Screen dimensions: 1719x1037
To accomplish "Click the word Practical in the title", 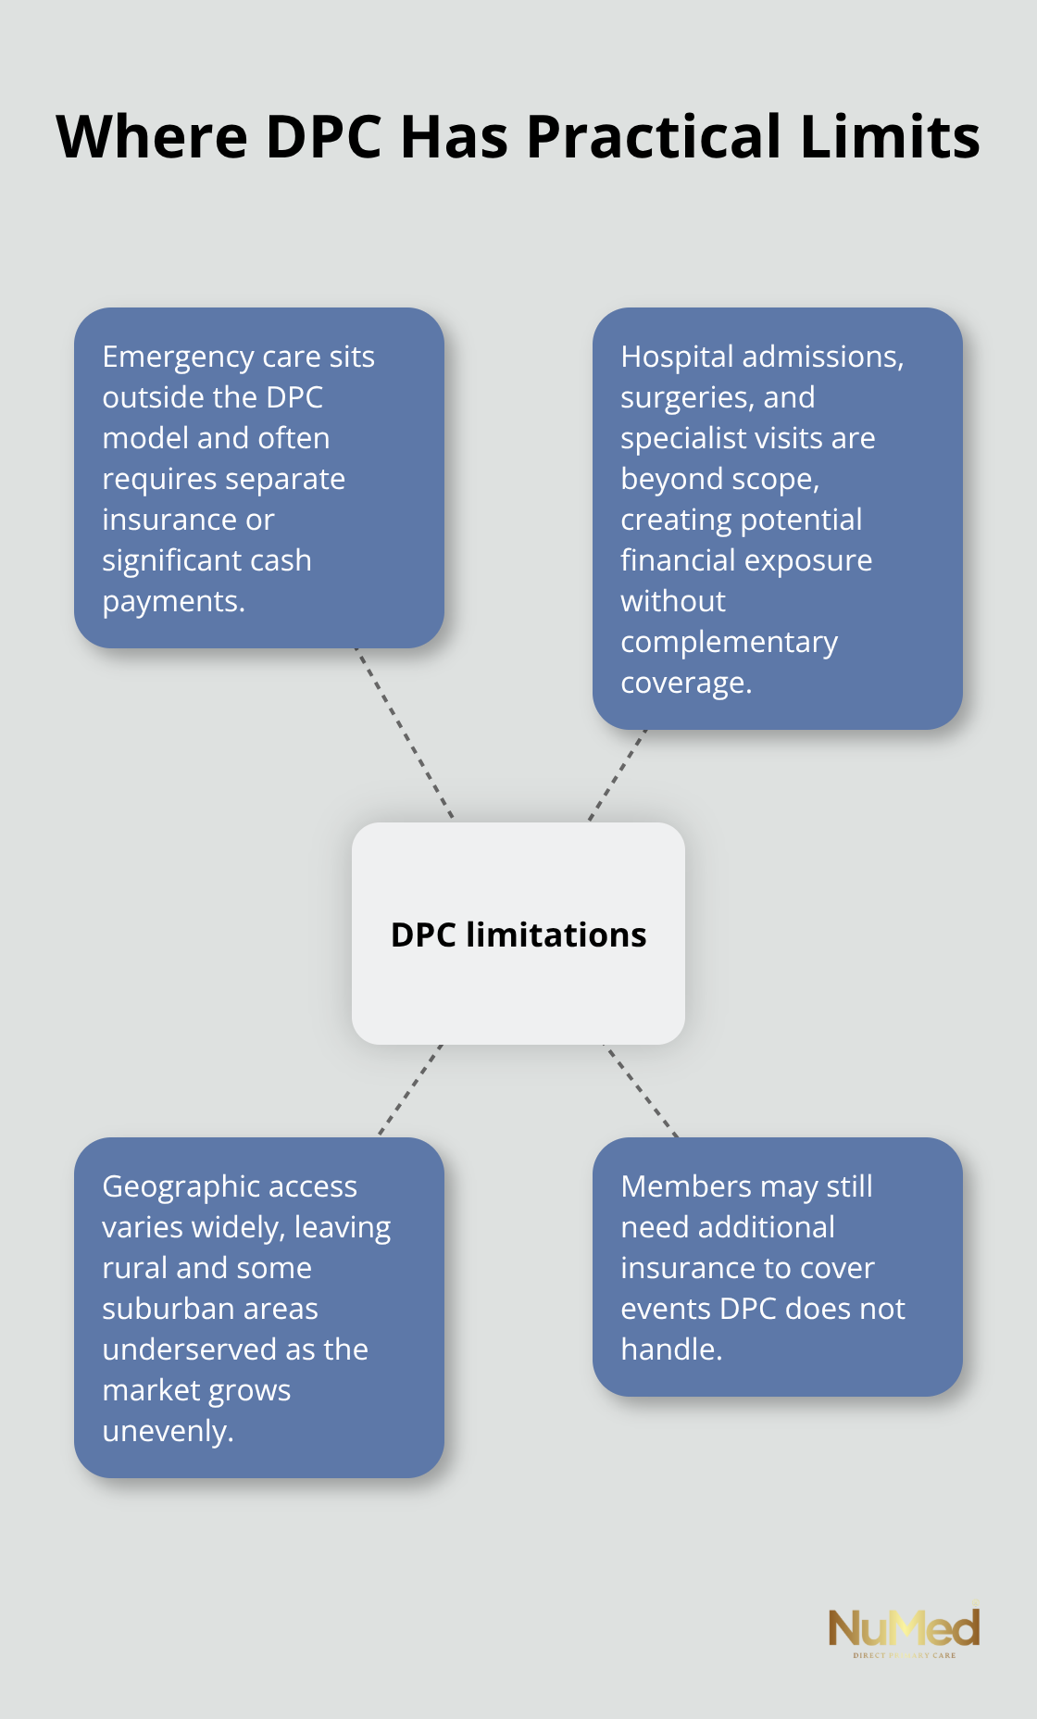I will click(x=654, y=137).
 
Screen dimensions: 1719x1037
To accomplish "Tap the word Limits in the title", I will click(x=889, y=137).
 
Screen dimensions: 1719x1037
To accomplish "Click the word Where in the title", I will click(x=152, y=137).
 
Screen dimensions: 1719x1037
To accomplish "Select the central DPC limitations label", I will click(x=518, y=935).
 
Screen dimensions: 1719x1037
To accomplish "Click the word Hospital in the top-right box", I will click(x=677, y=357).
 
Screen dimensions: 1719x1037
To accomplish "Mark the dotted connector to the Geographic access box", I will click(x=410, y=1090).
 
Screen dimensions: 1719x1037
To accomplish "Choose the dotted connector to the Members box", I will click(x=641, y=1090).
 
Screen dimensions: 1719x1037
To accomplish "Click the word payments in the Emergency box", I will click(x=172, y=602).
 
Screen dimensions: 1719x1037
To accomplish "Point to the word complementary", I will click(x=729, y=642).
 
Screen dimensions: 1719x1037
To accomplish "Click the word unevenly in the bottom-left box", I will click(x=167, y=1431).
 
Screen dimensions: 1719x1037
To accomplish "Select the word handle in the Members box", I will click(x=670, y=1349).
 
